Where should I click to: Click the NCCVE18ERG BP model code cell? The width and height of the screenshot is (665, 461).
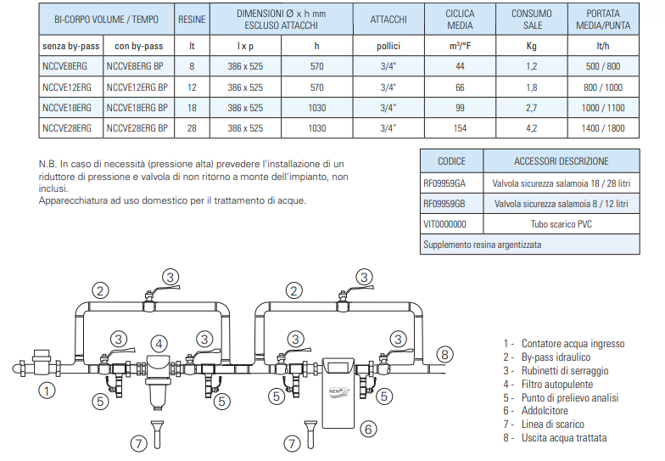[x=138, y=108]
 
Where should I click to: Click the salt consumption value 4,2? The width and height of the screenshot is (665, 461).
[x=532, y=128]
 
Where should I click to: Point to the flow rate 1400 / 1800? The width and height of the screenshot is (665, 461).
[x=605, y=128]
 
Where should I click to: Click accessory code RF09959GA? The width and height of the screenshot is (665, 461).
[x=451, y=183]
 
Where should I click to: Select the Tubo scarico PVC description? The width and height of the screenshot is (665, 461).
[x=561, y=224]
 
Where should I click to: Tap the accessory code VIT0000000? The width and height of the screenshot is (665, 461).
[x=451, y=224]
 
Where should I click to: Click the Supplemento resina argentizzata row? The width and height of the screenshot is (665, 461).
[x=530, y=245]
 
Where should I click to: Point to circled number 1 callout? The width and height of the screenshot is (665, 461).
[x=48, y=391]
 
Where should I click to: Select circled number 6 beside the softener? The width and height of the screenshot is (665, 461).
[x=368, y=430]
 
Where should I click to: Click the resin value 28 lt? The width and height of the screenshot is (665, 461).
[x=192, y=128]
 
